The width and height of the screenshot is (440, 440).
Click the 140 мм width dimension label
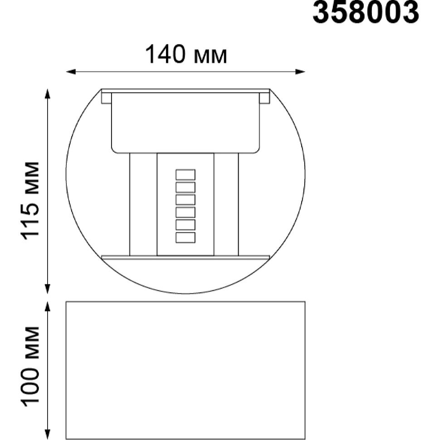pyautogui.click(x=186, y=54)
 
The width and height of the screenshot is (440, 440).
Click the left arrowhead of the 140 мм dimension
pyautogui.click(x=70, y=72)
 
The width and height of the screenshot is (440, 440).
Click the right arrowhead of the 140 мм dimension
pyautogui.click(x=300, y=72)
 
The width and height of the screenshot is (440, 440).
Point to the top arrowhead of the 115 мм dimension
pyautogui.click(x=48, y=94)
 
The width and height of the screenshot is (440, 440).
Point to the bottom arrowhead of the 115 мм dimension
pyautogui.click(x=48, y=289)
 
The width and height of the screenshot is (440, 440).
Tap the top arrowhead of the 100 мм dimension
pyautogui.click(x=48, y=307)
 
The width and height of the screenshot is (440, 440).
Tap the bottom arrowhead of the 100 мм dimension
pyautogui.click(x=48, y=435)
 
